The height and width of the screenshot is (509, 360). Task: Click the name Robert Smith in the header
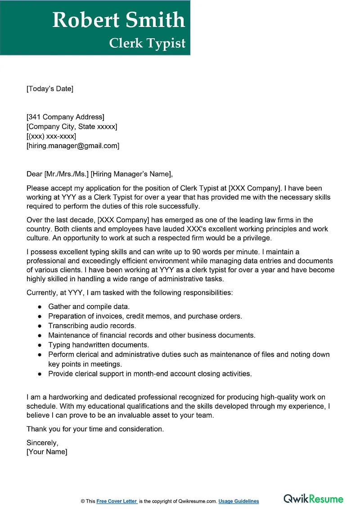(x=119, y=20)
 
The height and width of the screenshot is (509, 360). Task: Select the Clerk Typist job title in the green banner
(x=147, y=43)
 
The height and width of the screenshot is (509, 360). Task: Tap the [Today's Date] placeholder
(x=49, y=89)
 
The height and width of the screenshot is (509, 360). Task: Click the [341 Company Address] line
(x=65, y=117)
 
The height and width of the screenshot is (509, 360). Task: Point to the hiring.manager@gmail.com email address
(x=73, y=146)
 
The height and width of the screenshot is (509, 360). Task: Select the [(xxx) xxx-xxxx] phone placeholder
(x=51, y=136)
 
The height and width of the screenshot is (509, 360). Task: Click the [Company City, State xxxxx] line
(x=72, y=127)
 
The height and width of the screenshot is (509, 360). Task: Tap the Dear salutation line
(x=99, y=174)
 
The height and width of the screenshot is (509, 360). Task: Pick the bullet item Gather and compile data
(x=89, y=306)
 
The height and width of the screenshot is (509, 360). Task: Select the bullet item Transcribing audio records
(x=92, y=325)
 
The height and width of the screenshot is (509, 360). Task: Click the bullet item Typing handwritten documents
(x=98, y=345)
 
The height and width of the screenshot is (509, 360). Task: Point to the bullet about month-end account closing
(x=150, y=374)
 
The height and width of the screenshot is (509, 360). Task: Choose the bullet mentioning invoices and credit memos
(x=145, y=316)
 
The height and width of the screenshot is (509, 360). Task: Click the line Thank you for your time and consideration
(x=95, y=429)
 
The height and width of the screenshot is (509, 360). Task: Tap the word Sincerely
(x=42, y=442)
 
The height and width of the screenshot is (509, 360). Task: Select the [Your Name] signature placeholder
(x=47, y=452)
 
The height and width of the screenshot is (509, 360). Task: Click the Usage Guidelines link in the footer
(x=239, y=501)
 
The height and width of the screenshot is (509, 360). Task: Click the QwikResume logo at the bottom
(x=313, y=499)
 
